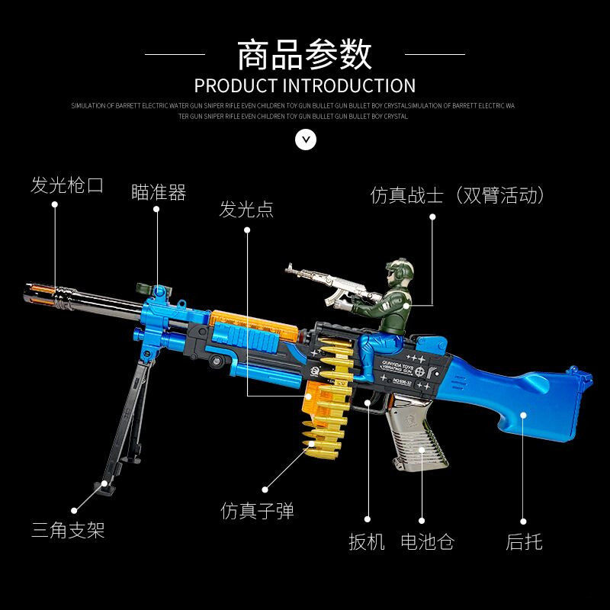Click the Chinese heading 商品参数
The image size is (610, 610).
[x=304, y=54]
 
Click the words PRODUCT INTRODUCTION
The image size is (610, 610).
[x=304, y=85]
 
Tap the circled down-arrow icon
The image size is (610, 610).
[x=305, y=139]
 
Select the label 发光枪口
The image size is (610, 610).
[x=66, y=185]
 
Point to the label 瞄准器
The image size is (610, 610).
[x=159, y=193]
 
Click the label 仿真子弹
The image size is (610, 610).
[x=257, y=511]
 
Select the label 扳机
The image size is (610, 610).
[x=367, y=542]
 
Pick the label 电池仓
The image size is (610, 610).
[x=427, y=542]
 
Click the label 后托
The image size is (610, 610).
[x=524, y=542]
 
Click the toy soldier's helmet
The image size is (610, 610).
[x=400, y=269]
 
